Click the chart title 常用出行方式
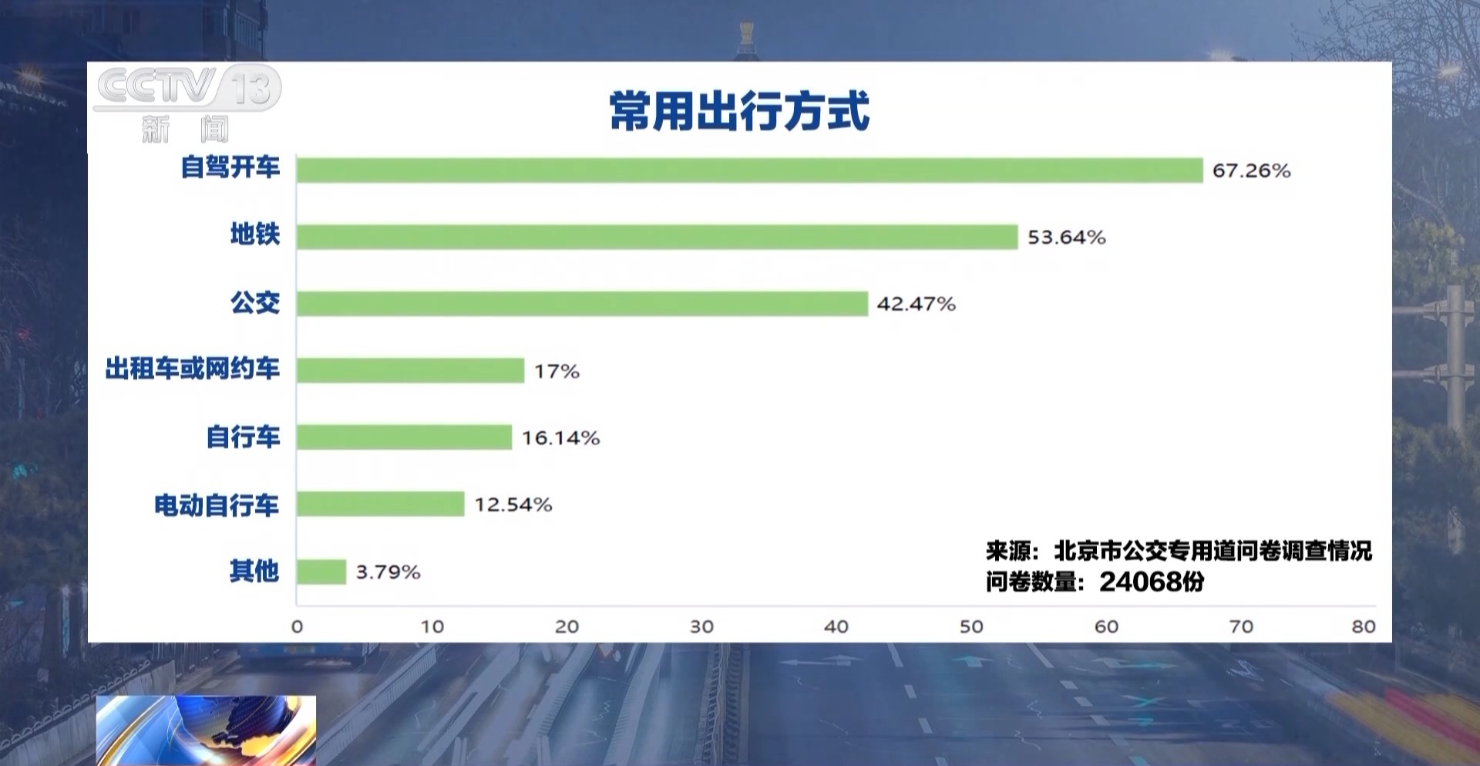[739, 112]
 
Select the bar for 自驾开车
[749, 170]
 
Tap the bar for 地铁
[657, 237]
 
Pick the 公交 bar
[582, 304]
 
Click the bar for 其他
[321, 572]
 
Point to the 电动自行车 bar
[380, 504]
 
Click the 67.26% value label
[1251, 170]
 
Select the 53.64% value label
[1066, 238]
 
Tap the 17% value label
[557, 372]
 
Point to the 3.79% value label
[388, 572]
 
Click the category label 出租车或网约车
[193, 369]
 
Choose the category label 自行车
[243, 437]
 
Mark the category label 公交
[255, 302]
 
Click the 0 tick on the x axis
[298, 626]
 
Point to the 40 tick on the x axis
[836, 626]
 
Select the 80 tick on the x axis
[1363, 626]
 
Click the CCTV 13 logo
[187, 87]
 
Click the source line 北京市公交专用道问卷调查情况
[1213, 551]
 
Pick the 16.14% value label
[560, 438]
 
